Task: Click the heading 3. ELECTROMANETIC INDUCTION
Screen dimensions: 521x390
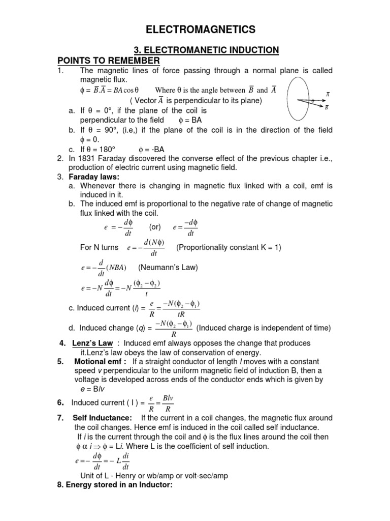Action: coord(206,50)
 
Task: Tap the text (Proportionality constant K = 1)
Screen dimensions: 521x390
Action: coord(229,248)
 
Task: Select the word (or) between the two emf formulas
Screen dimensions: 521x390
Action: coord(155,227)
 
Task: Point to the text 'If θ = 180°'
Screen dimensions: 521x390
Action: coord(98,149)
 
